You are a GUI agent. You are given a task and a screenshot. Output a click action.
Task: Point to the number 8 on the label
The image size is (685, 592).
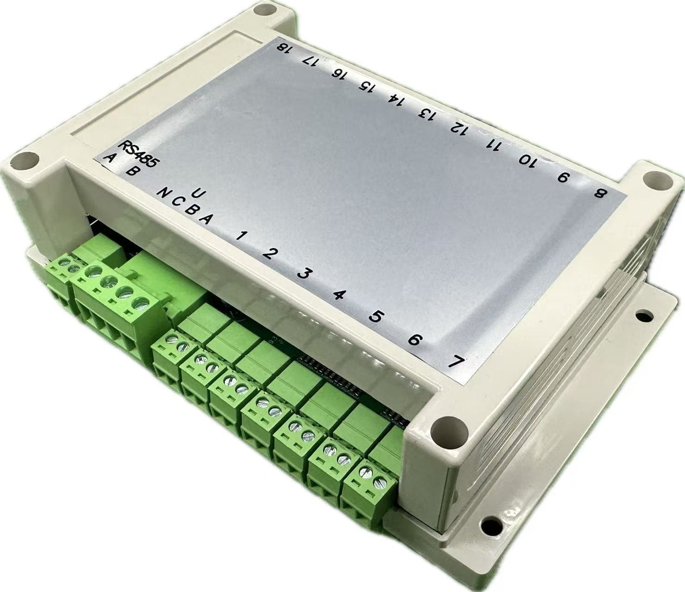(600, 193)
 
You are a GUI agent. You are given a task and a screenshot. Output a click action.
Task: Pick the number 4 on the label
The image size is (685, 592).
(340, 295)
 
